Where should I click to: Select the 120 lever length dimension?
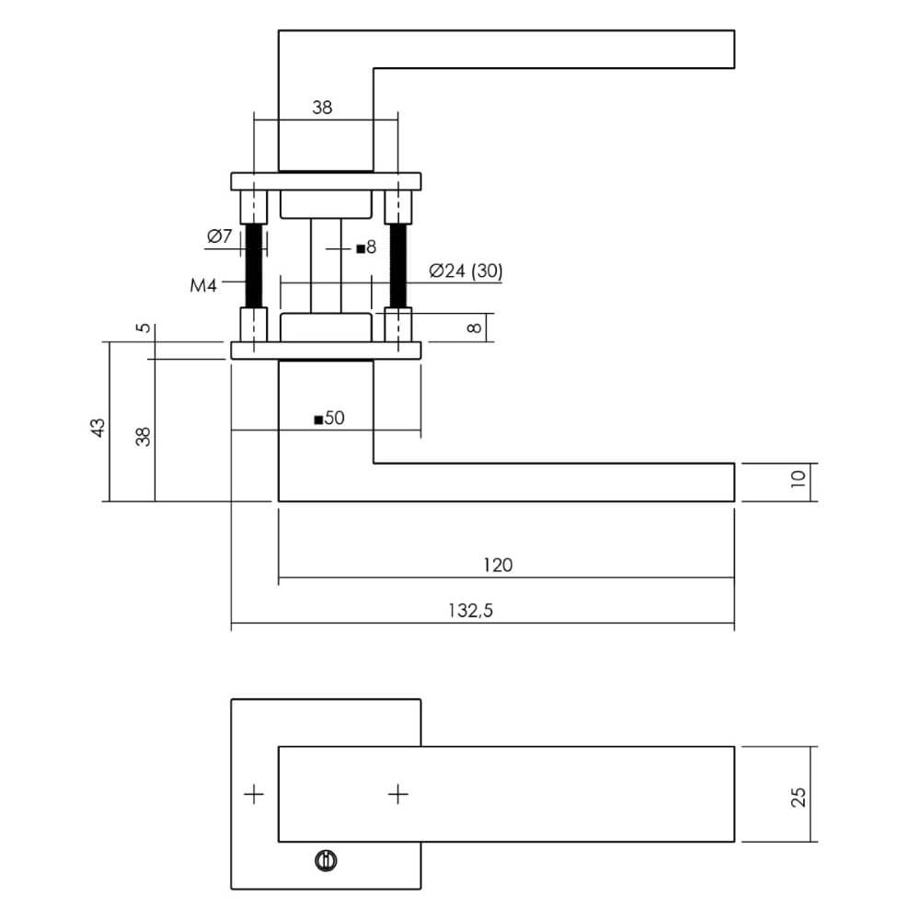coord(498,565)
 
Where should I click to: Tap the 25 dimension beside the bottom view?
coord(798,795)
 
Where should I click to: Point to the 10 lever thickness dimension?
coord(798,477)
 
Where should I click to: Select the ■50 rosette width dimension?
coord(328,419)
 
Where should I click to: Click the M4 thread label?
coord(203,286)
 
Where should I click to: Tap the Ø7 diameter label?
coord(219,236)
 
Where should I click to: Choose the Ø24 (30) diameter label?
coord(466,270)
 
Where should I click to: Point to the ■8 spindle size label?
coord(366,247)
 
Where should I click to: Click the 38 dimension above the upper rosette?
coord(321,108)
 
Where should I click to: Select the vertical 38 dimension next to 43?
coord(143,436)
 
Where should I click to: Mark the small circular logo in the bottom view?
coord(325,861)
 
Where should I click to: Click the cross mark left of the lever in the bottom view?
coord(254,793)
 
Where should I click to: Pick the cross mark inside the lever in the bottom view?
coord(397,793)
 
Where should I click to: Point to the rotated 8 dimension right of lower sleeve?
coord(474,328)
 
